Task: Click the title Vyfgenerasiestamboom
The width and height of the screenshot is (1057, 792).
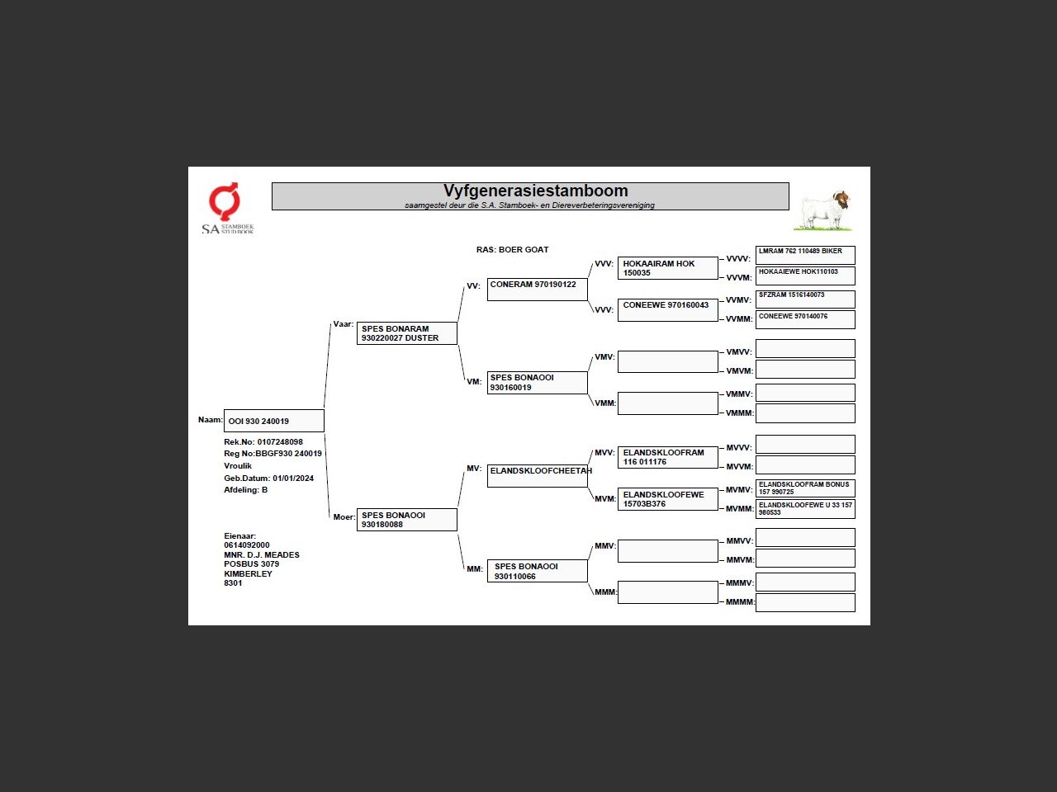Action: coord(535,191)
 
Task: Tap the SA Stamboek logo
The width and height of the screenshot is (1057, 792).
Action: coord(225,208)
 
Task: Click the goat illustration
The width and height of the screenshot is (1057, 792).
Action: coord(823,210)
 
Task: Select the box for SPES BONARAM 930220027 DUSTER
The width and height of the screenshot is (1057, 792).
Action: coord(406,333)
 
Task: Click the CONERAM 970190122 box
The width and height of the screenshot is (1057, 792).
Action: coord(537,289)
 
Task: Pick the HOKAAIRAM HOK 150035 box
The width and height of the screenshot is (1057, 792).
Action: coord(667,268)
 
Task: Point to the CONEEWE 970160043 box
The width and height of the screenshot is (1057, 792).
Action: coord(667,309)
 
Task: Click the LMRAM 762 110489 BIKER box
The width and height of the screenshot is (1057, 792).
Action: coord(805,255)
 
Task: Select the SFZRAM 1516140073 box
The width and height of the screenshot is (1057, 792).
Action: coord(805,299)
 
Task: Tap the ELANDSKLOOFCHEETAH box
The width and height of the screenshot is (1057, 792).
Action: coord(537,475)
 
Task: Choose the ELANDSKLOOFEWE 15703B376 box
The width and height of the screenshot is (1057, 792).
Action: coord(667,499)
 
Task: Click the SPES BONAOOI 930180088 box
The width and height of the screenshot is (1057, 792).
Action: coord(406,520)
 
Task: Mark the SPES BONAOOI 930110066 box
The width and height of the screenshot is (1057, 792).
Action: coord(537,571)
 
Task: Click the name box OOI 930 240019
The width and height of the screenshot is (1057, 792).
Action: coord(273,421)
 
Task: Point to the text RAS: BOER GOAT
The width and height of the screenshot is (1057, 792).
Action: coord(512,249)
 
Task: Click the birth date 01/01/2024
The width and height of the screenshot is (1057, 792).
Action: coord(293,478)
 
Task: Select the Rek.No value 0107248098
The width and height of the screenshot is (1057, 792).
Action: coord(280,442)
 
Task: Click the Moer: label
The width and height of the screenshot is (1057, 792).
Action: coord(344,517)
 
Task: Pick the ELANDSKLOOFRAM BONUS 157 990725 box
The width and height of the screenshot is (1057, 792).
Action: coord(805,488)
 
